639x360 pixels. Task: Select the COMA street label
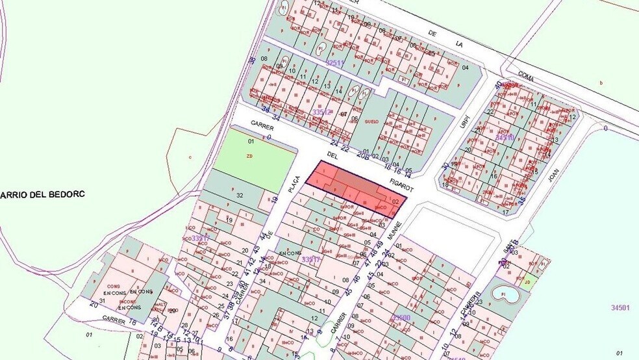click(x=526, y=77)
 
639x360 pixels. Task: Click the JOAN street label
click(x=554, y=175)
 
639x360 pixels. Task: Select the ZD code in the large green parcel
click(x=249, y=156)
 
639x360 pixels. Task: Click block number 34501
click(x=621, y=307)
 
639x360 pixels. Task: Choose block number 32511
click(x=334, y=62)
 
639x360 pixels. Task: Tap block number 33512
click(x=321, y=112)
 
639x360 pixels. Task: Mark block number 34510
click(x=505, y=137)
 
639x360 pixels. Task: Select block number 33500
click(x=401, y=318)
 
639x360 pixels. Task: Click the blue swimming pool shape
click(x=506, y=294)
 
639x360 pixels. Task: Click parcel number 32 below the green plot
click(x=240, y=195)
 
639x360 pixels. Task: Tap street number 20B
click(x=362, y=155)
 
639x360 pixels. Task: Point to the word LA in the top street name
click(x=459, y=44)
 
